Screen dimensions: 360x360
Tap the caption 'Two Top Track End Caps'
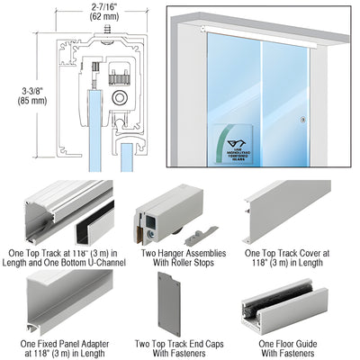click(180, 343)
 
